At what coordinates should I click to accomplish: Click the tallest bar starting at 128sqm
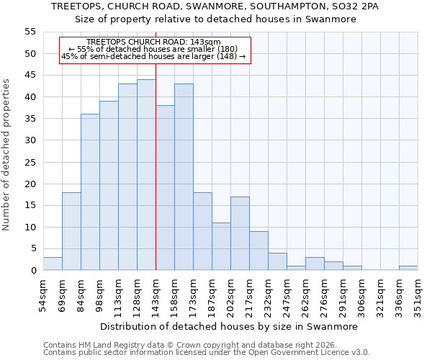(146, 175)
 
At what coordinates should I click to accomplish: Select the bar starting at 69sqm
(71, 231)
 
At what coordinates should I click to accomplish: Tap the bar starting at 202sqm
(240, 233)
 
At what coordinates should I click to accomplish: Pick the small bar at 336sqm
(408, 268)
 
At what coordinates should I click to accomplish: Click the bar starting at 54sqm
(53, 264)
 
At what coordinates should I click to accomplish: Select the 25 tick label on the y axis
(29, 162)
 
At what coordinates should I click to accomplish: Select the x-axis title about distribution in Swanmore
(229, 326)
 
